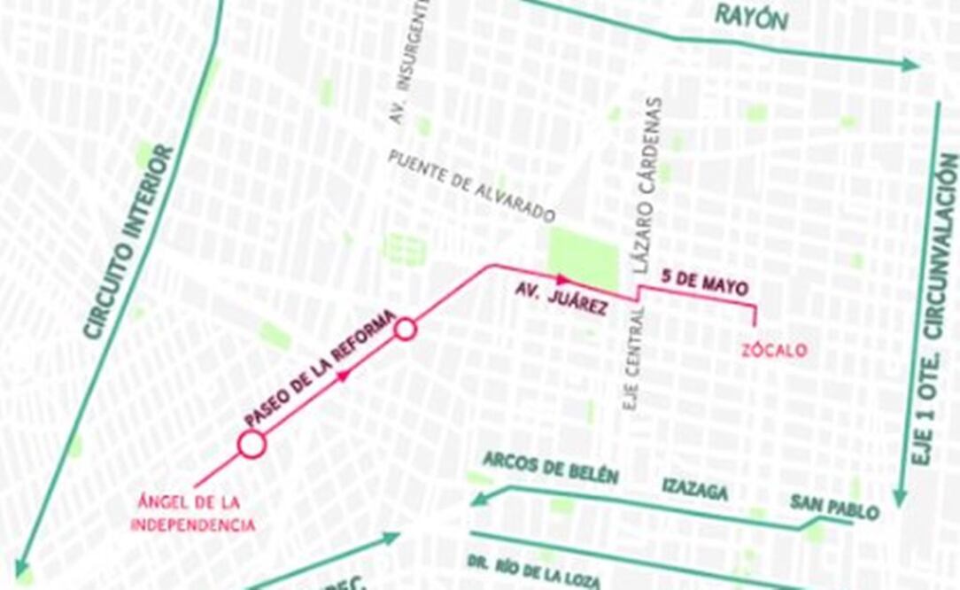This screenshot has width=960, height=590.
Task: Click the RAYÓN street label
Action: click(x=751, y=17)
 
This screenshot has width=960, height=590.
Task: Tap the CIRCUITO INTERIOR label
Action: click(x=129, y=241)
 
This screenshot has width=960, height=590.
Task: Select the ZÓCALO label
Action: click(x=773, y=350)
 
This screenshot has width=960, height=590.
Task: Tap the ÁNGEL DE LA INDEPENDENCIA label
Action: click(x=193, y=513)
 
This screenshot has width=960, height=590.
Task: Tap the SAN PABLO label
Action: click(x=834, y=508)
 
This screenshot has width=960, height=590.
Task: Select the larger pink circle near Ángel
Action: click(x=252, y=444)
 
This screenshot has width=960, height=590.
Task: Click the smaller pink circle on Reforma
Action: click(x=405, y=330)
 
